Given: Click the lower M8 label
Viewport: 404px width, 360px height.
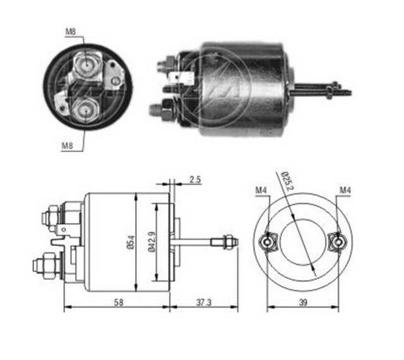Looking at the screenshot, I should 69,146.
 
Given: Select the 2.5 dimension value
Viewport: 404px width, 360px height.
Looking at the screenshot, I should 194,180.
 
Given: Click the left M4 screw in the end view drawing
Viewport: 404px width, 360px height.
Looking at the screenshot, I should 268,241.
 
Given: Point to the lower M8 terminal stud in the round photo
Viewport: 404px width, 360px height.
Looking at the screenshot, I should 83,109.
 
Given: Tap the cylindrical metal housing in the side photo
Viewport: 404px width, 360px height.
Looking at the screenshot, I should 243,88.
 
